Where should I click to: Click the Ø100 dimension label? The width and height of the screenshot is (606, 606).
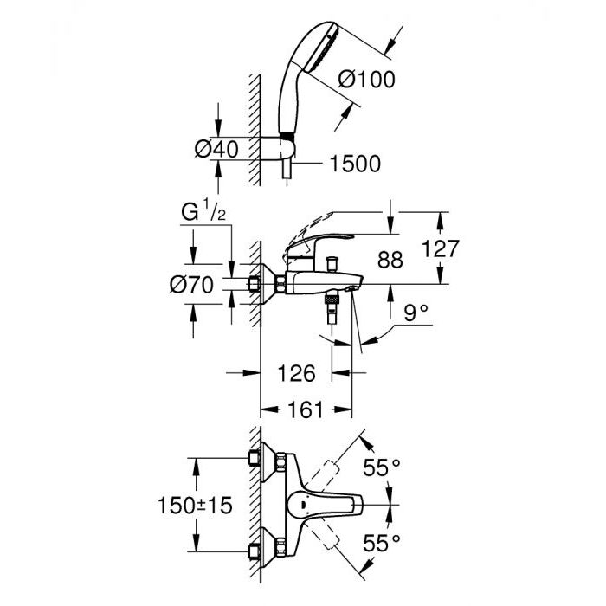(x=366, y=79)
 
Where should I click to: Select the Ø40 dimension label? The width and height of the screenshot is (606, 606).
(x=216, y=149)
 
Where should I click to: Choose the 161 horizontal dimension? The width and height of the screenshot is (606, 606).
(x=306, y=409)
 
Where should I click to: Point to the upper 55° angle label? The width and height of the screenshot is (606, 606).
(x=382, y=468)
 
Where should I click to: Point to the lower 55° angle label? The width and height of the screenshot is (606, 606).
(x=382, y=543)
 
